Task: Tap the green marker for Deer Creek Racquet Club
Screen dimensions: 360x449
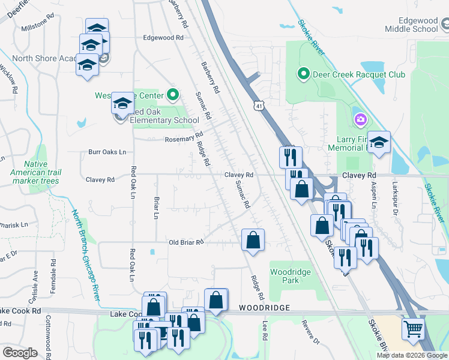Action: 304,74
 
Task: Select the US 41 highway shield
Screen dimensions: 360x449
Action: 258,106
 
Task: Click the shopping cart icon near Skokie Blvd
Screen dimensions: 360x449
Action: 412,328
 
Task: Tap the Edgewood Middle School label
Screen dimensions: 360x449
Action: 411,25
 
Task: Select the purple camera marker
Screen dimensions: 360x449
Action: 360,119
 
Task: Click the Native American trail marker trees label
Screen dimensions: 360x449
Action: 42,172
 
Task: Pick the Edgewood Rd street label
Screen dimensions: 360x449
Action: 163,37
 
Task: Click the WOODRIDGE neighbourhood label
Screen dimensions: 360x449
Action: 265,307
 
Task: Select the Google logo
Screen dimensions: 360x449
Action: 20,353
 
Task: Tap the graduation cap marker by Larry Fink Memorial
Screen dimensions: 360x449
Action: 379,142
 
